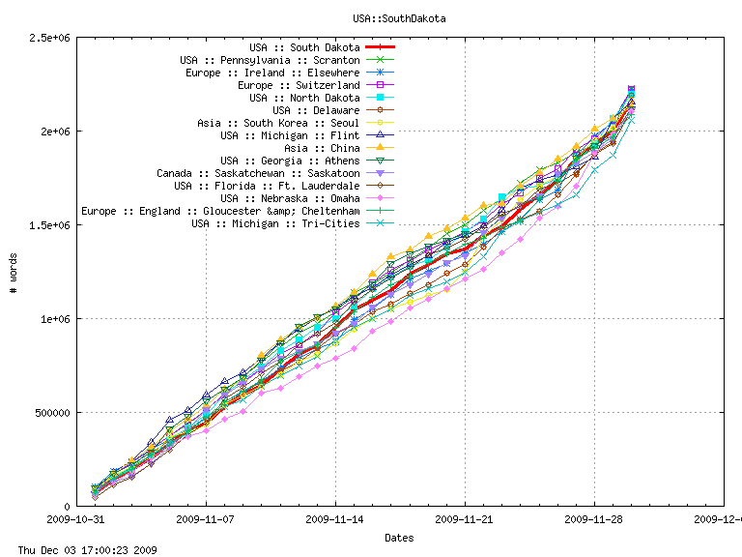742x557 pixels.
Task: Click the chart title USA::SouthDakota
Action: point(399,18)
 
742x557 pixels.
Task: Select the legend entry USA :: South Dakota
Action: point(304,47)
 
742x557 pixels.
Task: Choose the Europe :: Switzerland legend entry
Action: point(300,85)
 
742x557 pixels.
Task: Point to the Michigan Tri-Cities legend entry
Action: point(275,223)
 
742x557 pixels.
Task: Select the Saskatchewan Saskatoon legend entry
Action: point(258,173)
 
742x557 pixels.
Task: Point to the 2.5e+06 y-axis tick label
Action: point(48,37)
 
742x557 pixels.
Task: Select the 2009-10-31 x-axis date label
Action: point(76,519)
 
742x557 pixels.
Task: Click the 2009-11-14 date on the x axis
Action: point(335,519)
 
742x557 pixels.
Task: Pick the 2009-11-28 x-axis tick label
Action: point(594,519)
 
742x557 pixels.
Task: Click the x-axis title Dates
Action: point(399,537)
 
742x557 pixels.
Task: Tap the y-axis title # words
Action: point(14,273)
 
